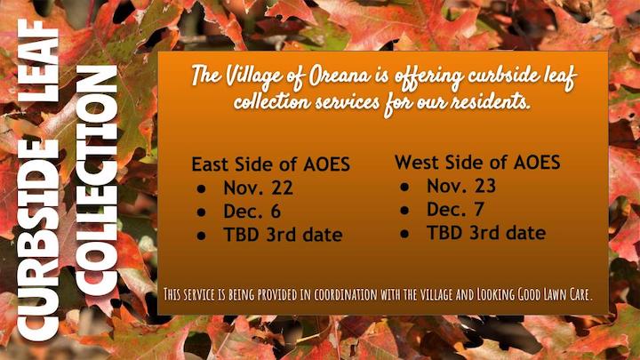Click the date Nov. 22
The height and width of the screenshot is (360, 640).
point(258,188)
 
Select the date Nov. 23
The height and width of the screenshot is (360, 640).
point(461,186)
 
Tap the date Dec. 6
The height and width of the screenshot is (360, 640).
point(252,212)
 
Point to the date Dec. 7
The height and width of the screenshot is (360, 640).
point(455,210)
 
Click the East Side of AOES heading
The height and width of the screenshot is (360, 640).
point(270,164)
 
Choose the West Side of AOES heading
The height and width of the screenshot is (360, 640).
point(477,162)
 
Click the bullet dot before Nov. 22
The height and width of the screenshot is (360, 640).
point(201,189)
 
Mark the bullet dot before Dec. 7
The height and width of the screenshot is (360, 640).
point(404,210)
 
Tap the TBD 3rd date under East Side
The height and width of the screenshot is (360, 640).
point(283,235)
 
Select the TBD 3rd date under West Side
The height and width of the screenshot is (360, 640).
point(486,233)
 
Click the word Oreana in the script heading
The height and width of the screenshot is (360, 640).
point(340,76)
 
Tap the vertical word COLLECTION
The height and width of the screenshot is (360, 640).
point(96,180)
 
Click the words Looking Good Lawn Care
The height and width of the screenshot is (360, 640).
point(534,294)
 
